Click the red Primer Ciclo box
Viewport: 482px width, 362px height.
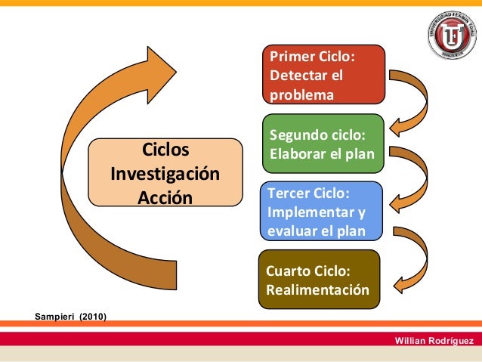tap(323, 74)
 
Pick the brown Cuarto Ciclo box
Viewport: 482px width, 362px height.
tap(318, 280)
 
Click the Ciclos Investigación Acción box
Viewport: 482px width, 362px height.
tap(165, 172)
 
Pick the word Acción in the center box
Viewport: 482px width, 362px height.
tap(165, 197)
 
